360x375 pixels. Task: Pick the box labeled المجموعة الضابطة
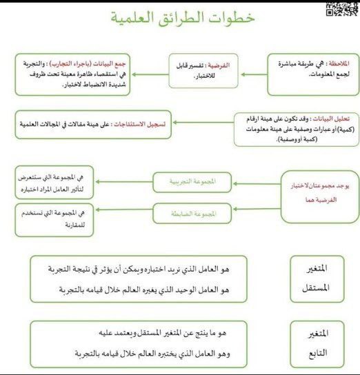point(194,214)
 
